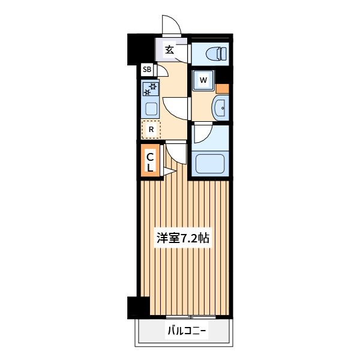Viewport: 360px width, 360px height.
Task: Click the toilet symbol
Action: coord(216,54)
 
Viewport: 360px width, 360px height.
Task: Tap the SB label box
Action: coord(147,69)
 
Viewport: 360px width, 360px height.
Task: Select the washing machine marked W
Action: coord(203,80)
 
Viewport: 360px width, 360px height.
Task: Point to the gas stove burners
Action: coord(150,89)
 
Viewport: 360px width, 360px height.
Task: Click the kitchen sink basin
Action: coord(152,109)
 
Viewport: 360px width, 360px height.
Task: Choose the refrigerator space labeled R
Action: coord(151,130)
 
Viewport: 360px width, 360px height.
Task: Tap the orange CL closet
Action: coord(150,160)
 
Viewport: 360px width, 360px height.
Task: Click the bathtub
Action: coord(210,164)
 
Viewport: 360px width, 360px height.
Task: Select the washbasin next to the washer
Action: coord(220,107)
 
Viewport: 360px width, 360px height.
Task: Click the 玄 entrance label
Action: coord(170,50)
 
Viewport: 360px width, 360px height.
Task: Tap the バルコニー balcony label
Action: coord(187,331)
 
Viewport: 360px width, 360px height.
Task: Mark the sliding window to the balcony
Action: coord(191,317)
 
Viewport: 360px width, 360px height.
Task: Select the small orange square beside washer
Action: coord(222,89)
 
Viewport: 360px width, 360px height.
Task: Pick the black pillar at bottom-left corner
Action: coord(139,308)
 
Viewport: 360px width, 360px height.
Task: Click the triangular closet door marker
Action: coord(169,171)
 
